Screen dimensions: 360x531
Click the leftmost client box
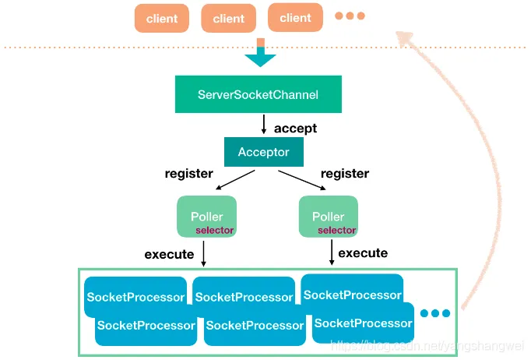coord(161,19)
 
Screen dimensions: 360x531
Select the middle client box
coord(228,19)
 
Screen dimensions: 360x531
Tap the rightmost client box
coord(295,18)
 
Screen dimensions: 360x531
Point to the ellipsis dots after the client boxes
coord(350,16)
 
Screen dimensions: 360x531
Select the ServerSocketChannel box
coord(258,95)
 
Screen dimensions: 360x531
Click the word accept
coord(295,129)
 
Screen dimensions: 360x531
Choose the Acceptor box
coord(263,152)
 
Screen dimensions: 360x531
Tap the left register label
coord(189,174)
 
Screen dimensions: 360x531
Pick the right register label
coord(344,174)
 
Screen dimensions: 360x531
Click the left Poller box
coord(206,217)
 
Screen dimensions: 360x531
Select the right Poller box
coord(328,217)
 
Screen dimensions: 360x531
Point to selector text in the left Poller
coord(214,231)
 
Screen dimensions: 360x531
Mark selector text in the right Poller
coord(336,231)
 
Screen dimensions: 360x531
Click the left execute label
coord(169,255)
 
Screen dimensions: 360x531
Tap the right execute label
coord(363,253)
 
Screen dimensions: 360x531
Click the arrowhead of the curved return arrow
coord(404,36)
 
